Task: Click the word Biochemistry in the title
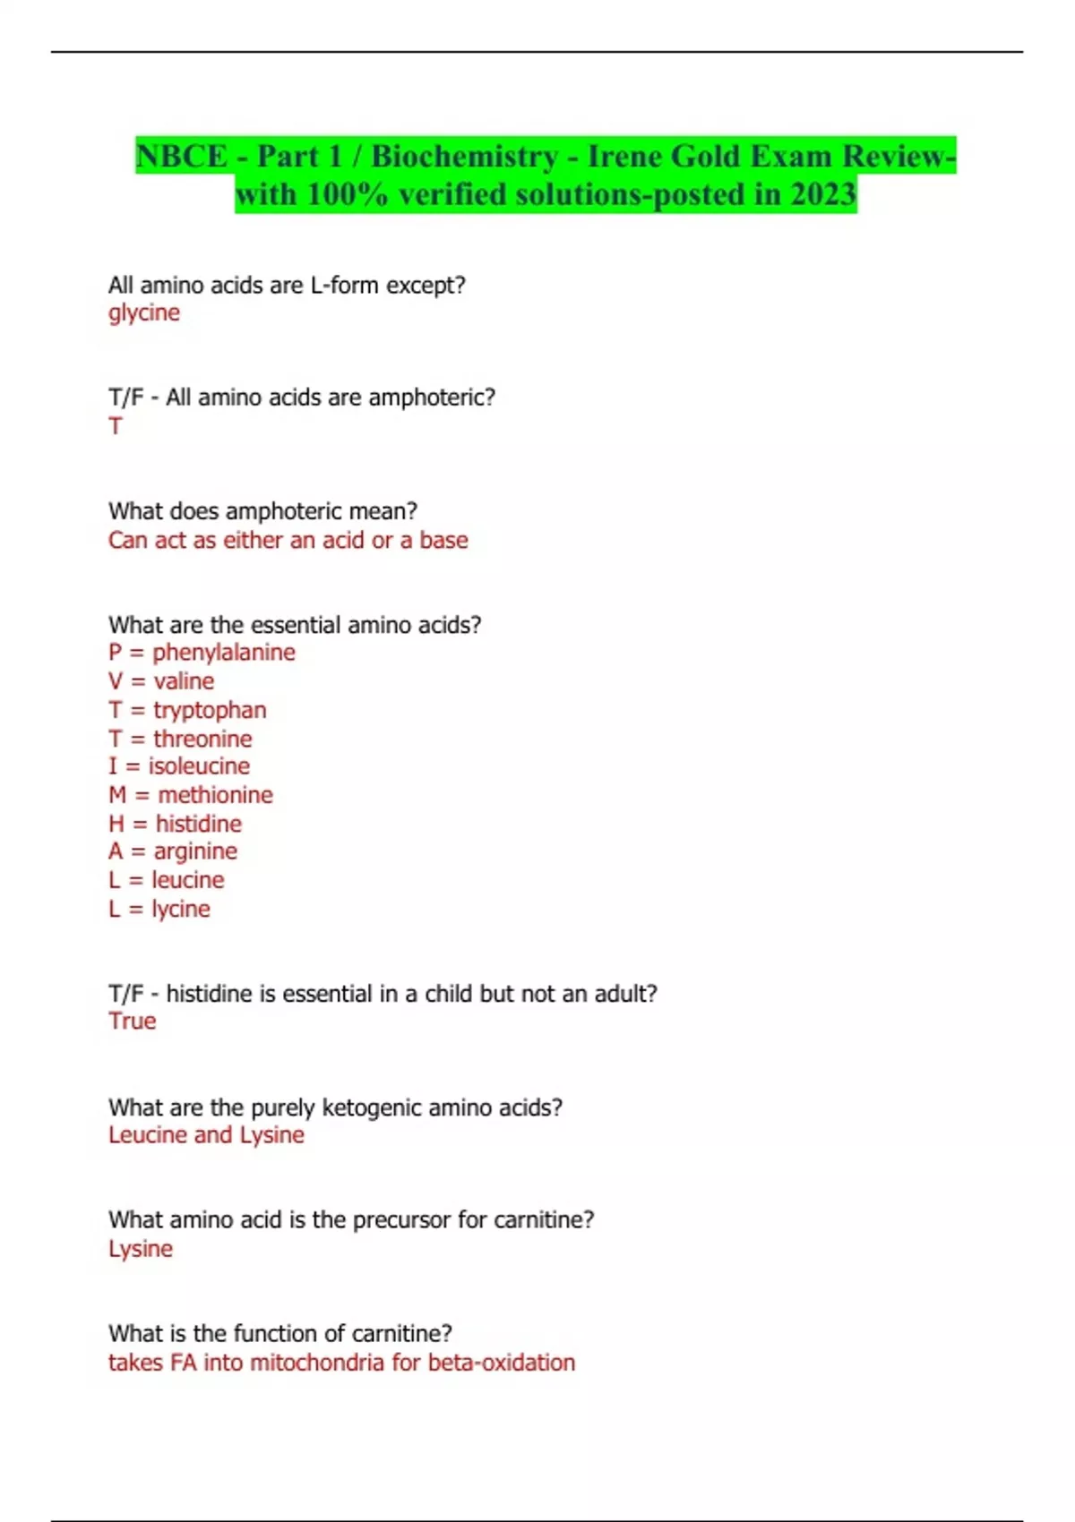(x=464, y=156)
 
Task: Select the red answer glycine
(x=144, y=312)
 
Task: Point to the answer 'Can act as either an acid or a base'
(x=288, y=540)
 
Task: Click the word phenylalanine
(x=223, y=652)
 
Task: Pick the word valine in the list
(x=184, y=681)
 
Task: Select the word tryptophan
(x=210, y=710)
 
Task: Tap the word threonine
(x=202, y=739)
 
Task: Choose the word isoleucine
(x=199, y=766)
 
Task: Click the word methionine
(x=215, y=795)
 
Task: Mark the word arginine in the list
(x=195, y=851)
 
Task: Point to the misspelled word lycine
(x=181, y=909)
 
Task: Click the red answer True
(x=133, y=1022)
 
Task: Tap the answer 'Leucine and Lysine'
(x=206, y=1135)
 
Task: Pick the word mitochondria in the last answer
(x=317, y=1363)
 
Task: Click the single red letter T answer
(x=116, y=426)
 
